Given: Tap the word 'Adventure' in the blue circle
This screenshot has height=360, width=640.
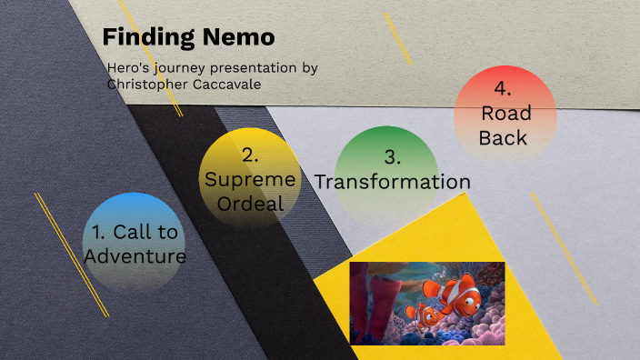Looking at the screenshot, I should [x=135, y=256].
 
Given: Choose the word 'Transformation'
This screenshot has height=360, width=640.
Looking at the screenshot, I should [x=393, y=182].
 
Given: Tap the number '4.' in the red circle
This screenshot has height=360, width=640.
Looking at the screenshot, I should [x=503, y=89].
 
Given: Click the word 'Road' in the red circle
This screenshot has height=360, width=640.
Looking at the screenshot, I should [x=506, y=114].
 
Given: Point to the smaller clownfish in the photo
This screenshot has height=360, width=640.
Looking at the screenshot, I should [x=425, y=315].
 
